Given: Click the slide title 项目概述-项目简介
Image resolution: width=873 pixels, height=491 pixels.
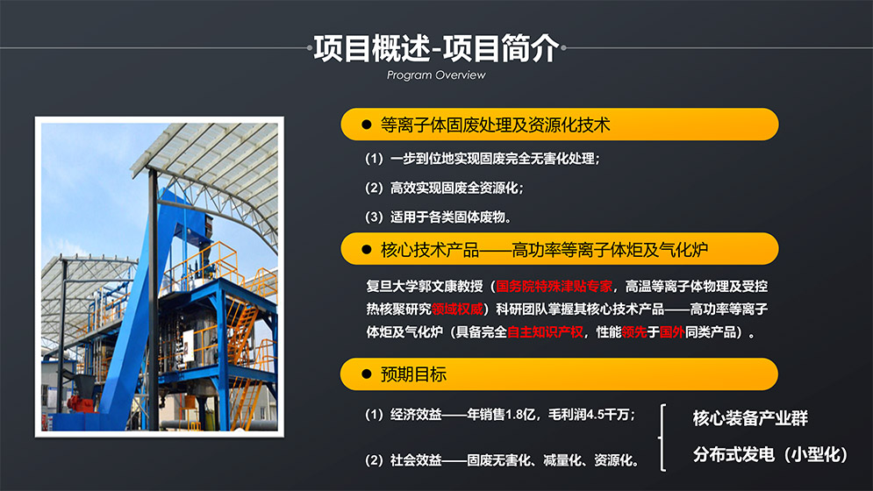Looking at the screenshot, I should (436, 48).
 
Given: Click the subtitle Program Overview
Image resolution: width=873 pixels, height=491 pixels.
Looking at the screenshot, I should (436, 75).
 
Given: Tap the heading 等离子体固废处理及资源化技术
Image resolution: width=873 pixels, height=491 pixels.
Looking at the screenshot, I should (495, 125).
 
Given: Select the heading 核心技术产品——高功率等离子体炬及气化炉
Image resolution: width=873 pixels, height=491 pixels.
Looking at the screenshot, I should (544, 250).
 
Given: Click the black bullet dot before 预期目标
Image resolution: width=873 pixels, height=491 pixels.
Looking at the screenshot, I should (367, 374).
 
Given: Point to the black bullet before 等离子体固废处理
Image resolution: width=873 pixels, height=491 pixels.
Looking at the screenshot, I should (367, 125).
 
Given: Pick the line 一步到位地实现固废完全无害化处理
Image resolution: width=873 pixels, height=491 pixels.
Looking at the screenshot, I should (483, 160).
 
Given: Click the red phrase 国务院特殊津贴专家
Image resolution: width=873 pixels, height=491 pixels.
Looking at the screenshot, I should (554, 286).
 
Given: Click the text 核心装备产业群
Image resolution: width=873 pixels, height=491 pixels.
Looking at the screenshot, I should (749, 418).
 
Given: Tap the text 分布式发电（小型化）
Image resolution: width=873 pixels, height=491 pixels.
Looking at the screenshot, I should (770, 455).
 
